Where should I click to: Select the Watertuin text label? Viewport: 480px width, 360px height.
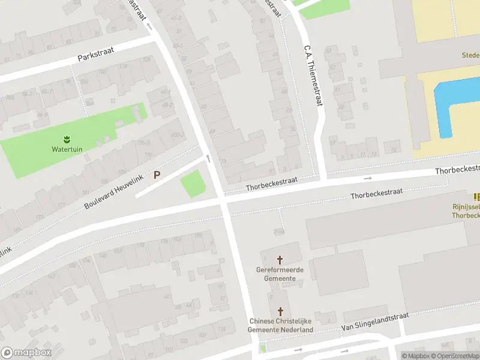point(67,149)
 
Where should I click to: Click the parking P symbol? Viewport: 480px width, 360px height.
point(157,175)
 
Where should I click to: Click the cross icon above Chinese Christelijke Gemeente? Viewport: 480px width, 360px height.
point(280,311)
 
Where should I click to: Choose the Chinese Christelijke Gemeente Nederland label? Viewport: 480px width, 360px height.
point(281,325)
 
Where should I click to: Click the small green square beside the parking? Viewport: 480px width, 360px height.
point(193,184)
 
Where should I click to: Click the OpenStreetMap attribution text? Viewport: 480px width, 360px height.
point(456,356)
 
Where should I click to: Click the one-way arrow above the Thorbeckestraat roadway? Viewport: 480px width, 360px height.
point(368,178)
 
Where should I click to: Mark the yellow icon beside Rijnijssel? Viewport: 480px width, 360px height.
point(476,197)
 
